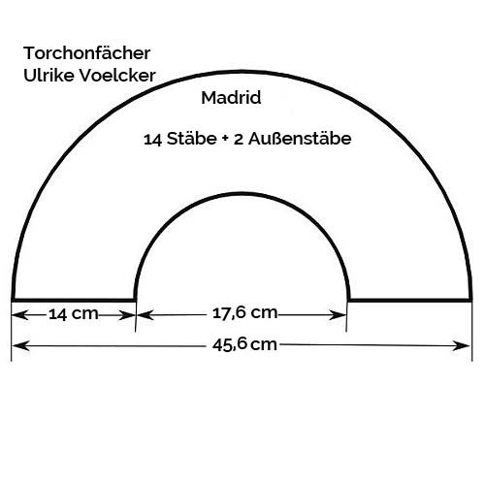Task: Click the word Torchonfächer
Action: (x=86, y=53)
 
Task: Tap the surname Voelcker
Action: (x=117, y=76)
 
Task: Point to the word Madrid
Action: (x=231, y=98)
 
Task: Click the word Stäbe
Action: (x=191, y=139)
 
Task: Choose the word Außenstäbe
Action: (x=300, y=139)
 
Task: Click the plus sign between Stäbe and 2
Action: (x=225, y=140)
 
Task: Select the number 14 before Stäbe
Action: (x=152, y=140)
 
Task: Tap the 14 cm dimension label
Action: (x=74, y=314)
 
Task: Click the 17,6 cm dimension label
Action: (x=244, y=313)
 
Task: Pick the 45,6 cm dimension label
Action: (x=244, y=344)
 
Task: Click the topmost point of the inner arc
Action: (x=242, y=194)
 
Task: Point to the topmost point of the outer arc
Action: (x=242, y=72)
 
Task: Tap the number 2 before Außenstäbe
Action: (x=239, y=140)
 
